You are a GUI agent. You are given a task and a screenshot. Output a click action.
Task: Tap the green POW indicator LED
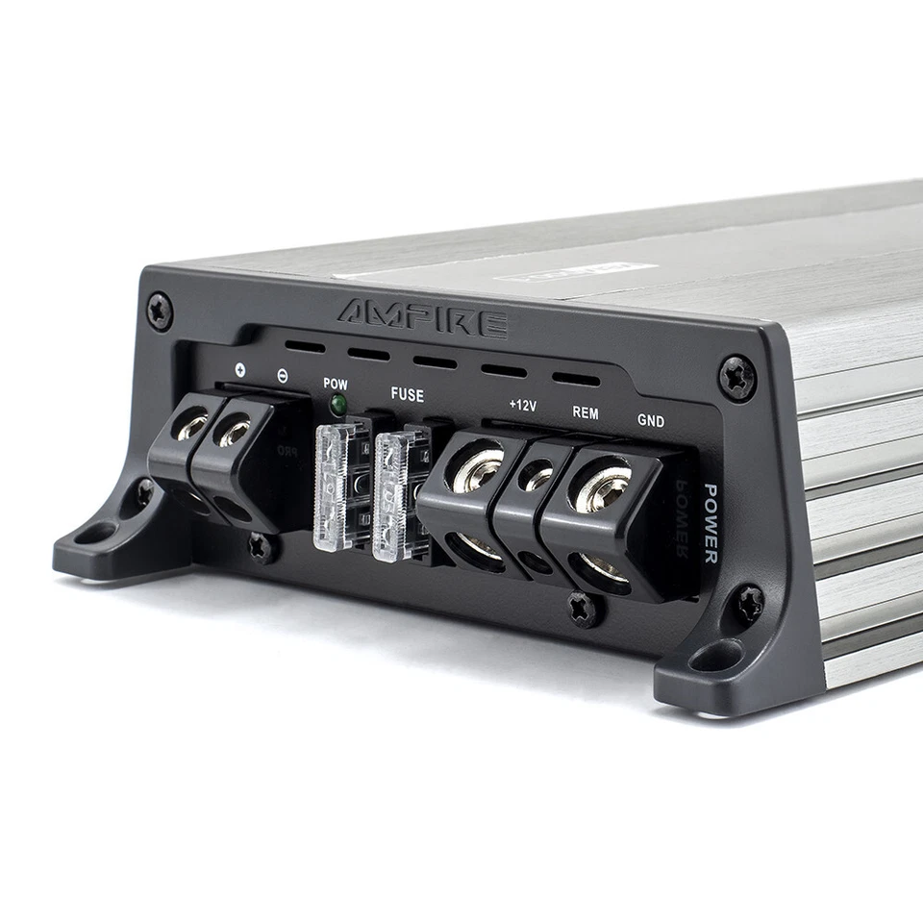coord(337,405)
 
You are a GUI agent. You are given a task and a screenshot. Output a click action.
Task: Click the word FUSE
coord(407,394)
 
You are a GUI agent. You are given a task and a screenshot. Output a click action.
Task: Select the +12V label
coord(522,406)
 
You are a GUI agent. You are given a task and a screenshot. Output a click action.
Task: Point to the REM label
coord(586,412)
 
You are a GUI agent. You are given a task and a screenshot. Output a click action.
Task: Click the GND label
coord(651,420)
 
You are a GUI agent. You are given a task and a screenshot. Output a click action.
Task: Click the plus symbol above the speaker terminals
coord(238,369)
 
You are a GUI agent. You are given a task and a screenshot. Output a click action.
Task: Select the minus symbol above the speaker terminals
coord(281,375)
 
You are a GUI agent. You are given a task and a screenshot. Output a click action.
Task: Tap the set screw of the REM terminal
coord(536,476)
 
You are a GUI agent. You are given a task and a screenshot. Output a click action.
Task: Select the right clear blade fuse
coord(391,496)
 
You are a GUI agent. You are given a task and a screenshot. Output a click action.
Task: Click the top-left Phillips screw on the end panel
coord(160,312)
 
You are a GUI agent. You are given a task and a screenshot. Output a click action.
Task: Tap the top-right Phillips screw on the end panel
coord(737,377)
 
